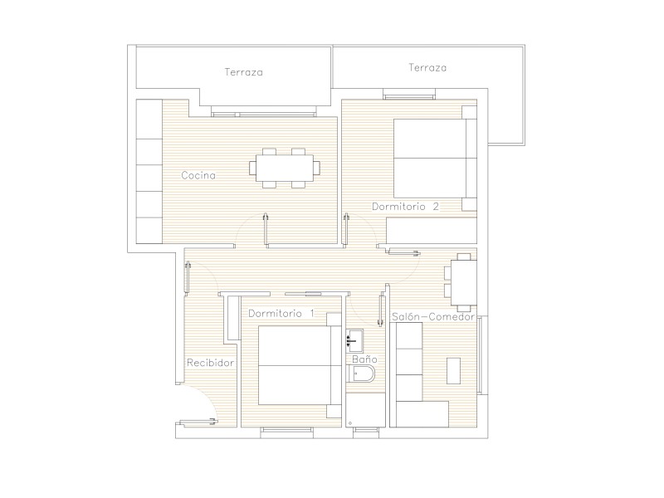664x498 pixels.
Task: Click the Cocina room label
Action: pos(198,175)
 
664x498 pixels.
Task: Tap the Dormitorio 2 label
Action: pos(405,207)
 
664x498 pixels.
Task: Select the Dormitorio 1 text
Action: pos(281,314)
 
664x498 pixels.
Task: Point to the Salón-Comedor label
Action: pos(432,317)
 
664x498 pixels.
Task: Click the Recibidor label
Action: pos(211,363)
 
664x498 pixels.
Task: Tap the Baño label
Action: pos(364,359)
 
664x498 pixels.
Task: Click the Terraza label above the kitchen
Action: pos(243,72)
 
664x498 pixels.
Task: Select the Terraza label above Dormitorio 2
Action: pos(427,68)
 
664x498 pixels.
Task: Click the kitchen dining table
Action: pos(285,168)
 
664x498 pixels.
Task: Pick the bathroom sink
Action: pos(354,340)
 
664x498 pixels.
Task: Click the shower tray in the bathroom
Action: pos(365,410)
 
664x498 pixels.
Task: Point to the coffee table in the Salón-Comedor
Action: pos(453,371)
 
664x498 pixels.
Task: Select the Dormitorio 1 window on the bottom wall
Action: pos(286,430)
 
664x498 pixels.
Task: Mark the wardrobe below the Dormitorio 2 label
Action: pos(432,231)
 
